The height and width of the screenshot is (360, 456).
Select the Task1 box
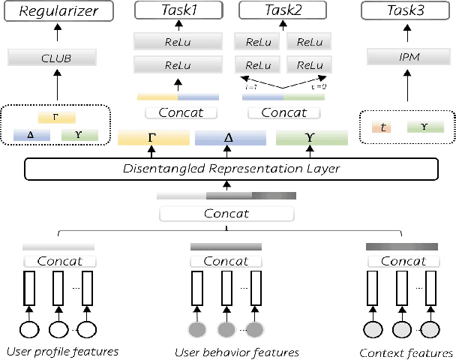178,10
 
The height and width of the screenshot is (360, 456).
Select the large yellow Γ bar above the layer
152,138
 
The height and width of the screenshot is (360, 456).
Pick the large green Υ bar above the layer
311,138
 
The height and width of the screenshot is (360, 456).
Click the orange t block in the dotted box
384,127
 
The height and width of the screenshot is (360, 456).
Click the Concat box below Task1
178,113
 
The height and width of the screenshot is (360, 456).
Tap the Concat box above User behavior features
226,262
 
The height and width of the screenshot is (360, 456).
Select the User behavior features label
236,352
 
